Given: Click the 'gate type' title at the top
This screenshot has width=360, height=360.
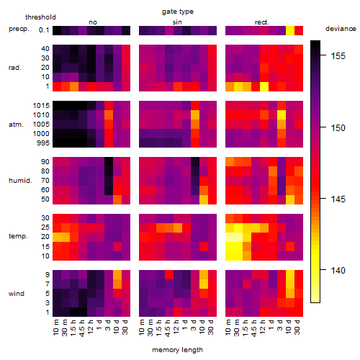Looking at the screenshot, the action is (x=178, y=12).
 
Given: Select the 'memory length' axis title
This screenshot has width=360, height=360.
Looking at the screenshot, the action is (x=177, y=350).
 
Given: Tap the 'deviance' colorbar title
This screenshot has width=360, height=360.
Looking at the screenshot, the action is (x=341, y=29).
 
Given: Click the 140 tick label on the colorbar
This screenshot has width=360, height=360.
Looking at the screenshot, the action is (x=338, y=271).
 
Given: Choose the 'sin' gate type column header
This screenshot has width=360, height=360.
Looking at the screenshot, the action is (x=177, y=22).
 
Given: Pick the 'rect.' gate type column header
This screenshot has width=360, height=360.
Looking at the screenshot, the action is (x=261, y=22).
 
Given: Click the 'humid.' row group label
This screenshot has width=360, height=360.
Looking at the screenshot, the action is (x=20, y=181).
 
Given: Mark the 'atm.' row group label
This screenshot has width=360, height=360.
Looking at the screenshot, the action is (x=16, y=125).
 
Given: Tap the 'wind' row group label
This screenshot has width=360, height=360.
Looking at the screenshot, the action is (x=17, y=294).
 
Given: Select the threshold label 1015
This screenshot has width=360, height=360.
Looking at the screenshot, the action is (x=41, y=106).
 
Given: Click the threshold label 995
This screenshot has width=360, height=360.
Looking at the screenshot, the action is (x=43, y=143).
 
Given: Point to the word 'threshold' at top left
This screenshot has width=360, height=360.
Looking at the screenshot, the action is (x=40, y=17).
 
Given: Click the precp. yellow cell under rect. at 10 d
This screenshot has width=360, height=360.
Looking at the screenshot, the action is (x=290, y=30).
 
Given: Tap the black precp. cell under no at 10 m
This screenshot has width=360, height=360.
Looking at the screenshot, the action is (x=57, y=30).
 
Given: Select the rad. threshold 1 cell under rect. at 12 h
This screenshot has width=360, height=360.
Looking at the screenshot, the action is (x=264, y=86).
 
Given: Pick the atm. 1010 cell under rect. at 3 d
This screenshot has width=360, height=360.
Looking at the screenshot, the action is (x=282, y=115).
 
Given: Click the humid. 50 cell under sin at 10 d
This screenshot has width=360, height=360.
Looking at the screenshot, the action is (x=204, y=199).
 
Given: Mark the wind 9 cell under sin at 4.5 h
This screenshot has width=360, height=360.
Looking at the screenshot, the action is (x=169, y=275).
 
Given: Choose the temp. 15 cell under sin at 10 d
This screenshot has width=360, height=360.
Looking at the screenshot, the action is (x=204, y=246).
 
